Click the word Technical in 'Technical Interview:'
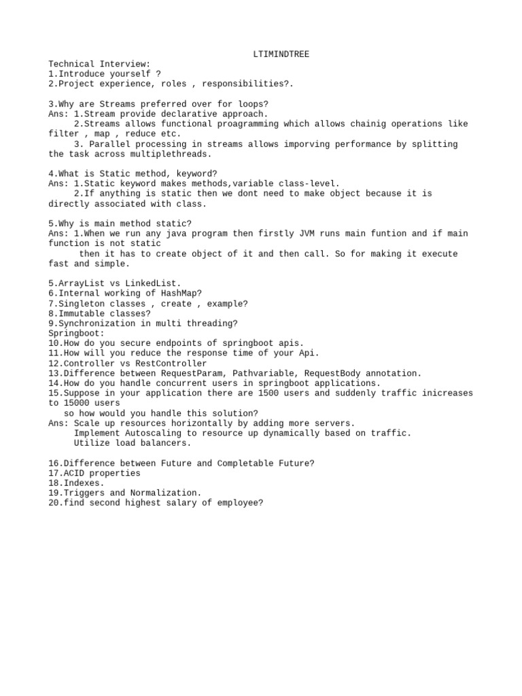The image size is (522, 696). (71, 64)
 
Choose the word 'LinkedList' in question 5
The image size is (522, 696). (156, 283)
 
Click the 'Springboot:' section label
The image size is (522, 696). (76, 334)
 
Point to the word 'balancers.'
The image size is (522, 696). (169, 443)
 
